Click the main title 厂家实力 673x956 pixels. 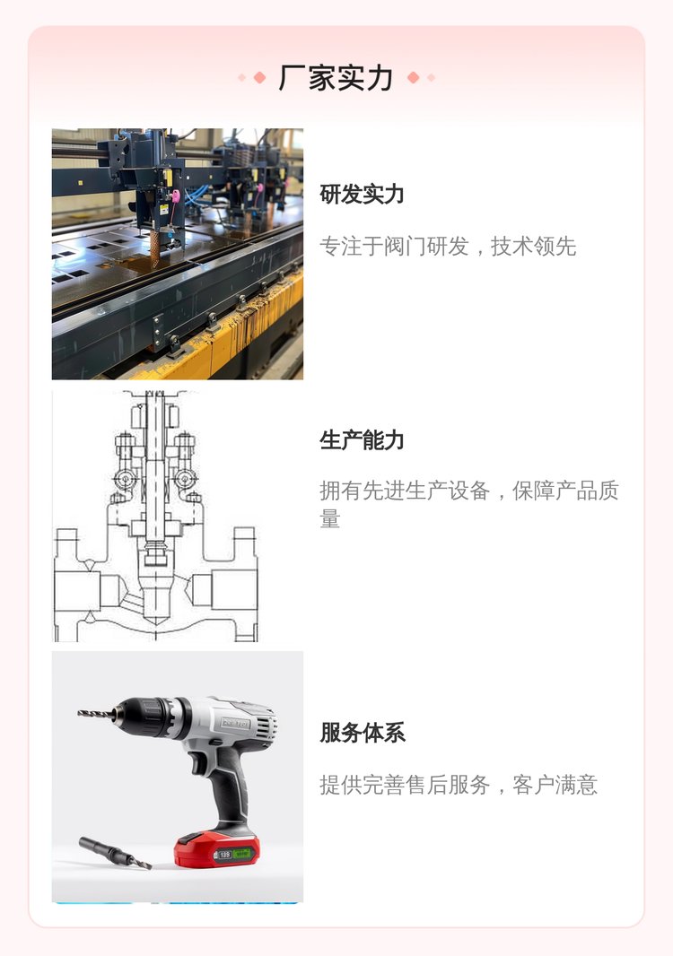coord(336,78)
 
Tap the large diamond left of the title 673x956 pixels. coord(259,77)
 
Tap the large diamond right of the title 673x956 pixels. coord(413,77)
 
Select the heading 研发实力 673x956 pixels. coord(362,195)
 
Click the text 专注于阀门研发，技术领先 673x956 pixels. coord(448,247)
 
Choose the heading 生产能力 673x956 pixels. coord(362,439)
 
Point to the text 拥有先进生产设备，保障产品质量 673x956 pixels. coord(469,504)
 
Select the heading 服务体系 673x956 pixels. coord(363,733)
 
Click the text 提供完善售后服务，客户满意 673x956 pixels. coord(459,785)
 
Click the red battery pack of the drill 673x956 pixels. coord(216,849)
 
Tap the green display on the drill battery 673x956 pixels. coord(243,854)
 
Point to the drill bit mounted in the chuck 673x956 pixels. coord(96,713)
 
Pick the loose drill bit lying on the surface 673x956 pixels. coord(115,853)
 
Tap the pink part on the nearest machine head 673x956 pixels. coord(176,196)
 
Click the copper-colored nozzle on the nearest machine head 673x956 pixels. coord(156,247)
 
